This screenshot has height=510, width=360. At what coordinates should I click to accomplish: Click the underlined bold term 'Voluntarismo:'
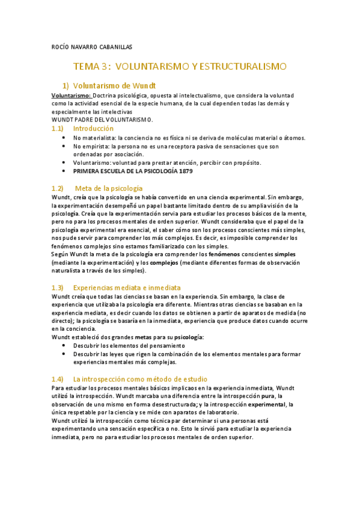72,95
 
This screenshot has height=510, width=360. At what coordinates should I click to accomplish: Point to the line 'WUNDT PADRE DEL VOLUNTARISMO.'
102,120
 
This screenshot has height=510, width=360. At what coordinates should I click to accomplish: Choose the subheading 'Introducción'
93,129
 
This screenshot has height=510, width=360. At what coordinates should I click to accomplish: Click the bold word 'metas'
143,337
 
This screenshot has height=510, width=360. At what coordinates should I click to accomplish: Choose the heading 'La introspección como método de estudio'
140,379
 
